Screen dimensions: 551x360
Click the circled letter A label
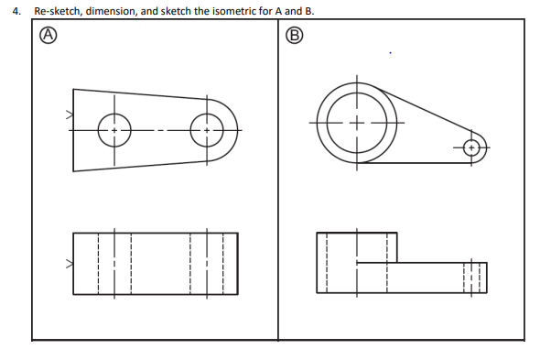pyautogui.click(x=49, y=36)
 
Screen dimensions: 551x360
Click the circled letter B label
pyautogui.click(x=294, y=36)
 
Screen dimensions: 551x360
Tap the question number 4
pyautogui.click(x=16, y=11)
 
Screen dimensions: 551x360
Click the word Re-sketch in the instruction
pyautogui.click(x=58, y=11)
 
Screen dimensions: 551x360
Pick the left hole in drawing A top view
pyautogui.click(x=114, y=130)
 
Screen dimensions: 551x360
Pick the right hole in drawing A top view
pyautogui.click(x=207, y=130)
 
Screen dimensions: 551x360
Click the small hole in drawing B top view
pyautogui.click(x=471, y=147)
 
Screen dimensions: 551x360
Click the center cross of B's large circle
pyautogui.click(x=357, y=123)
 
